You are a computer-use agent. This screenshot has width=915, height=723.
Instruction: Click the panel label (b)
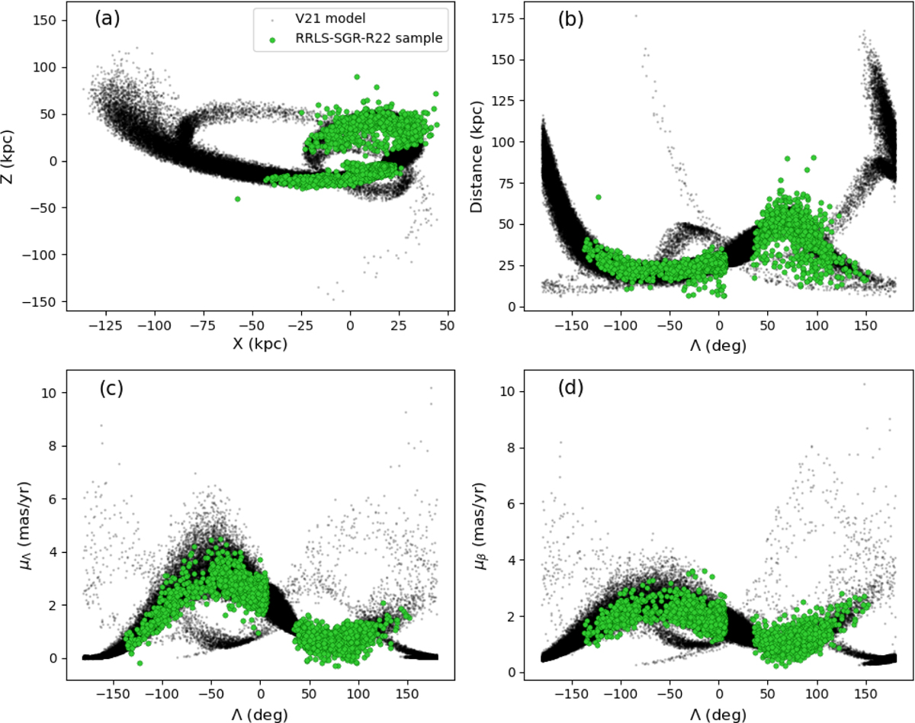tap(571, 19)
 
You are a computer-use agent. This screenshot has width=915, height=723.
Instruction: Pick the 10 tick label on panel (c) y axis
tap(55, 392)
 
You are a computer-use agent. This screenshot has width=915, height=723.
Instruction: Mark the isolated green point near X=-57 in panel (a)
tap(238, 198)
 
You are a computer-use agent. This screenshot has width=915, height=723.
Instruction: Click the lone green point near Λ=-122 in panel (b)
tap(599, 197)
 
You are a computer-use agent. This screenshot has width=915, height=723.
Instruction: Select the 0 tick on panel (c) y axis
tap(59, 658)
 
